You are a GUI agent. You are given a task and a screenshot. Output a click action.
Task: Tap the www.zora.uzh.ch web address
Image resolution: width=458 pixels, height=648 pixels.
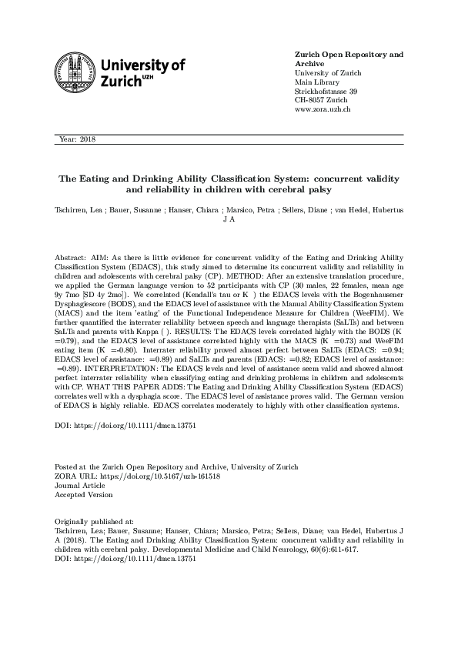[323, 110]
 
